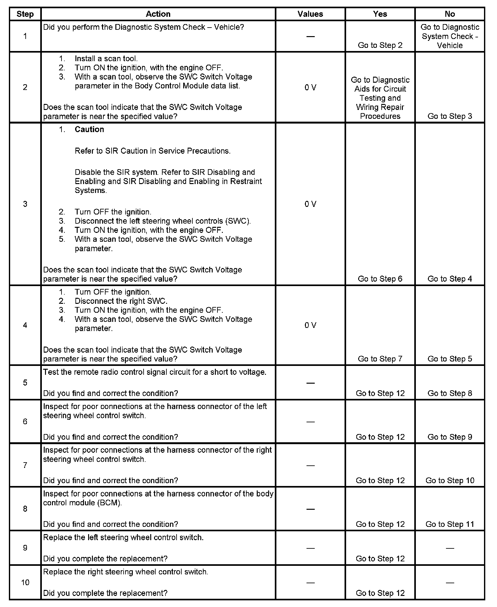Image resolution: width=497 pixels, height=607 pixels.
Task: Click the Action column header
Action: coord(158,14)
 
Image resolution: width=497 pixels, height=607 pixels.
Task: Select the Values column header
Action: coord(310,14)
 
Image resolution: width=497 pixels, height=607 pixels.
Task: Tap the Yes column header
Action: coord(380,14)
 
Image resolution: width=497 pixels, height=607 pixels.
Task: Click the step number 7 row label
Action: coord(25,465)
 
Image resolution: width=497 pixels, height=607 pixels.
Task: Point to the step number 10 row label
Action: coord(25,582)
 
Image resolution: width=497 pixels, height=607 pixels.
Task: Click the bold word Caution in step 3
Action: coord(89,129)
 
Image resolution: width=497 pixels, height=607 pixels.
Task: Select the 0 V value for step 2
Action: coord(310,87)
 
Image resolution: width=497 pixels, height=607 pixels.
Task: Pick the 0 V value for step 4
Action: coord(310,325)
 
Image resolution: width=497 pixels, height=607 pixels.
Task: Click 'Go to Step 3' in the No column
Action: coord(450,116)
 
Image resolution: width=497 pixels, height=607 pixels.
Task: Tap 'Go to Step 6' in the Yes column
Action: coord(380,279)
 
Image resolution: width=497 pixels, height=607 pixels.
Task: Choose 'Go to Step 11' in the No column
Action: coord(450,524)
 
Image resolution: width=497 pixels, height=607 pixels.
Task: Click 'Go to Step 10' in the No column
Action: coord(450,481)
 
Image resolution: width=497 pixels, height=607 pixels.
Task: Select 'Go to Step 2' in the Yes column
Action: coord(380,45)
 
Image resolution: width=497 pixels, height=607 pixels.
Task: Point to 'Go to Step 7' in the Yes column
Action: coord(380,359)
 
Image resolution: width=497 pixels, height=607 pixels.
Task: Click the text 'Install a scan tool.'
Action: coord(106,59)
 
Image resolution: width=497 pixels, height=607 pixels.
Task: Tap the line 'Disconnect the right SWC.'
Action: coord(121,301)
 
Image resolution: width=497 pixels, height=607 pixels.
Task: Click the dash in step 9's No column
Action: coord(450,548)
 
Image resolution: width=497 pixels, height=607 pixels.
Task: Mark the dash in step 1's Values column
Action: coord(310,36)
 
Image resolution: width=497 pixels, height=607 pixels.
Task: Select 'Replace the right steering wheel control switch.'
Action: coord(126,572)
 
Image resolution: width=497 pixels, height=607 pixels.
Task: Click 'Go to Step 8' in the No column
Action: coord(450,393)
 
